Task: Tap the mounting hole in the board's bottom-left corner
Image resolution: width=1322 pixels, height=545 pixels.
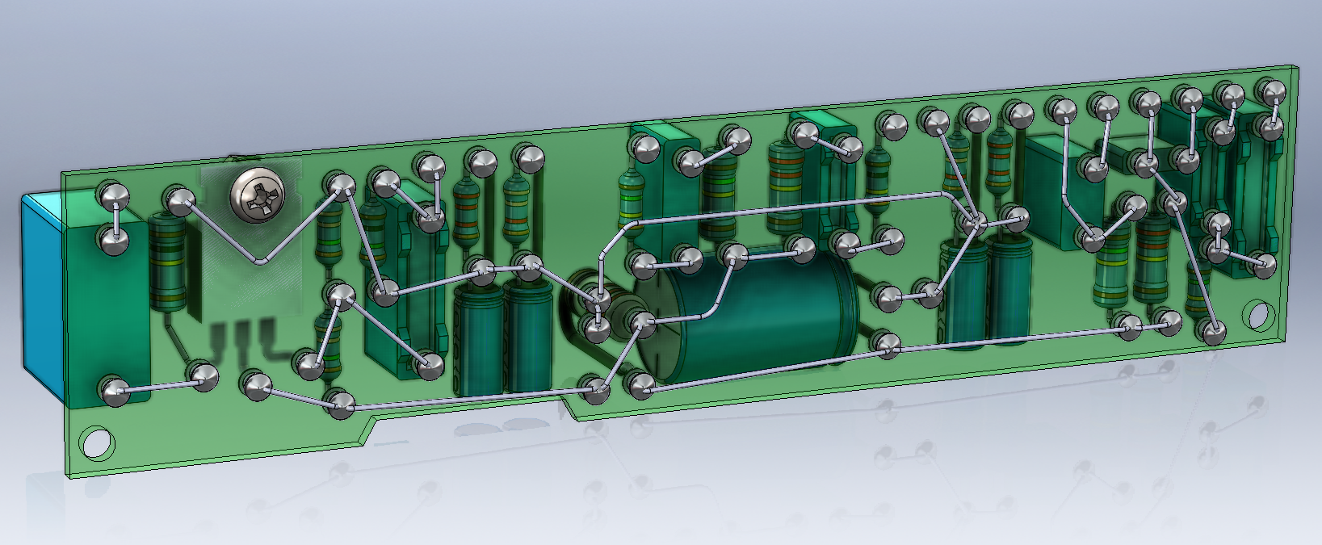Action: (97, 442)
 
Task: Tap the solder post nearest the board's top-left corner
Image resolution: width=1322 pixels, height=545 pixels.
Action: (113, 195)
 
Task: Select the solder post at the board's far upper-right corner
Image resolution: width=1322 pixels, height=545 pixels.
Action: (1274, 90)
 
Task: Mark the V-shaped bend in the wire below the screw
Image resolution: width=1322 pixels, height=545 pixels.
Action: (259, 262)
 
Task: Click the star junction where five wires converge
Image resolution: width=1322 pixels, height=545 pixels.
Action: (975, 221)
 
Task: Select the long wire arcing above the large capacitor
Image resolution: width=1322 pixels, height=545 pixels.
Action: (775, 208)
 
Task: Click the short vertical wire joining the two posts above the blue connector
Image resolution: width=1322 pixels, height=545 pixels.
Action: (114, 216)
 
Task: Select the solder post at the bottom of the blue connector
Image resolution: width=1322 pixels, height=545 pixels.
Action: (115, 391)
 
